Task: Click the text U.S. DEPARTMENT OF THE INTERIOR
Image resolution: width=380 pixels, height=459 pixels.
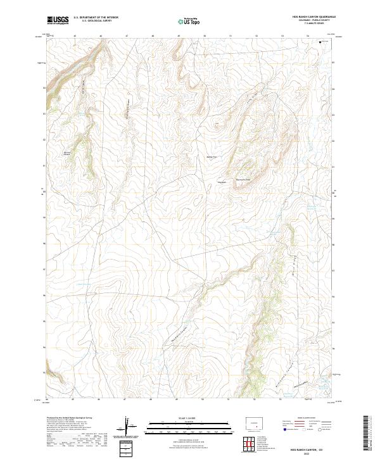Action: tap(96, 18)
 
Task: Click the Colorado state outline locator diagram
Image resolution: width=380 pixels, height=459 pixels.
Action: tap(255, 422)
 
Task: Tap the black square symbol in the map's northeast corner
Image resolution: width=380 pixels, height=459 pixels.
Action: tap(320, 42)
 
